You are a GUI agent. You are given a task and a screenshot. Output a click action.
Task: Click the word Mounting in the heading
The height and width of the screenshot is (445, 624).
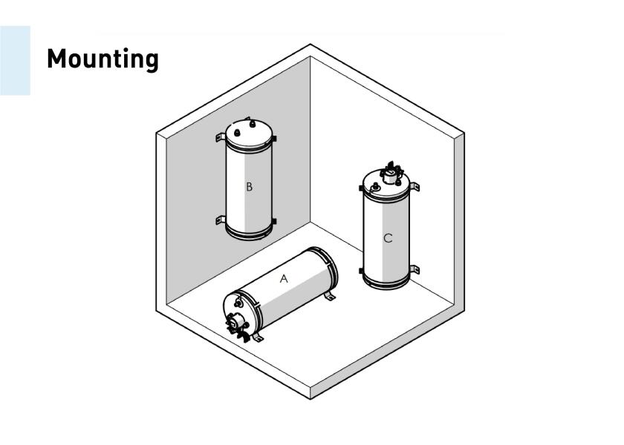pos(103,59)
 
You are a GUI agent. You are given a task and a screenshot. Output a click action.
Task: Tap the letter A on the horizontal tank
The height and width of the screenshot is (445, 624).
pos(284,279)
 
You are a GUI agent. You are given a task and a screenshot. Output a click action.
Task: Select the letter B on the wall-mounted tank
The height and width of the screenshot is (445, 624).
pos(249,187)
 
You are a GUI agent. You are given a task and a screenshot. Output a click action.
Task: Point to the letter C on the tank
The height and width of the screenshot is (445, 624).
pos(388,238)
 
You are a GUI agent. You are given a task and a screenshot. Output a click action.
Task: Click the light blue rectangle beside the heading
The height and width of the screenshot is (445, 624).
pos(15,60)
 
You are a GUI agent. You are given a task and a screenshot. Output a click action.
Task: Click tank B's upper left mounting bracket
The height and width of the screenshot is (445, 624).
pos(221,137)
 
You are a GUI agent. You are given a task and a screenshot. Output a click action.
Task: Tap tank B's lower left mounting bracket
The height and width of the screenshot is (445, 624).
pos(221,220)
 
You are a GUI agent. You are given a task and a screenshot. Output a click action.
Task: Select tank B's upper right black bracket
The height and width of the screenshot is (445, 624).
pos(274,139)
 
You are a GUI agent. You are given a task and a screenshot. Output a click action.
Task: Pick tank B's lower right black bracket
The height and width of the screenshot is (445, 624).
pos(274,221)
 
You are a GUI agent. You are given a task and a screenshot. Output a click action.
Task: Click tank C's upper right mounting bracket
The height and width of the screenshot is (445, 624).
pos(415,186)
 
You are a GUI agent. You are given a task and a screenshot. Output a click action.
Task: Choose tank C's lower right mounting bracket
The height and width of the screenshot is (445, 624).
pos(415,269)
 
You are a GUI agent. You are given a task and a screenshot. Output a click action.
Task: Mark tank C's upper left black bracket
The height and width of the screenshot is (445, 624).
pos(361,188)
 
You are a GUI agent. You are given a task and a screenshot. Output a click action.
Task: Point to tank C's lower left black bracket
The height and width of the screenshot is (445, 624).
pos(361,271)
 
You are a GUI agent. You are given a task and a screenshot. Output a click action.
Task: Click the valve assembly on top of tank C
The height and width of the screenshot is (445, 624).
pos(391,174)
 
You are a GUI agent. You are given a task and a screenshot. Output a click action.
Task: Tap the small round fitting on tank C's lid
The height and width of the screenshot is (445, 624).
pos(374,187)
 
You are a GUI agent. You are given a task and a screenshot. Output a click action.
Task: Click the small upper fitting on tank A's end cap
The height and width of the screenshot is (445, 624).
pos(238,303)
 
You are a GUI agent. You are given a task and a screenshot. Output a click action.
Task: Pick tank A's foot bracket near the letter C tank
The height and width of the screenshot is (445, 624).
pos(330,296)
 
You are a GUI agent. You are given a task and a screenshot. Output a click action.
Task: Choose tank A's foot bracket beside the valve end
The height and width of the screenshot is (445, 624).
pos(258,337)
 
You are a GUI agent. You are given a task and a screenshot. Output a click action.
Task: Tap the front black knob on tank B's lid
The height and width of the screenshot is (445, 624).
pos(236,132)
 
